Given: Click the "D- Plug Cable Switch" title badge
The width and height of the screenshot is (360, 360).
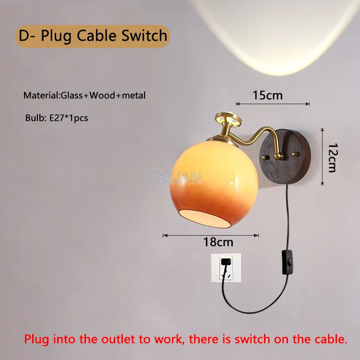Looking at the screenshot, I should click(x=93, y=36).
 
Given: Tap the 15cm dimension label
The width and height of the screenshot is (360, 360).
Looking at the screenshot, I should click(x=268, y=95).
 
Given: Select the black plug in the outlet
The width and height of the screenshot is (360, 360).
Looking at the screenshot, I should click(x=225, y=263).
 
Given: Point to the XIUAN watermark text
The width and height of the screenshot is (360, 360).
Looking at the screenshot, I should click(x=179, y=178).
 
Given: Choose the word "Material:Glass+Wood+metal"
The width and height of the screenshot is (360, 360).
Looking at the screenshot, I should click(x=84, y=96).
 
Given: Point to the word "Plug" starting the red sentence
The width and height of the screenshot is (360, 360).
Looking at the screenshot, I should click(x=36, y=340).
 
